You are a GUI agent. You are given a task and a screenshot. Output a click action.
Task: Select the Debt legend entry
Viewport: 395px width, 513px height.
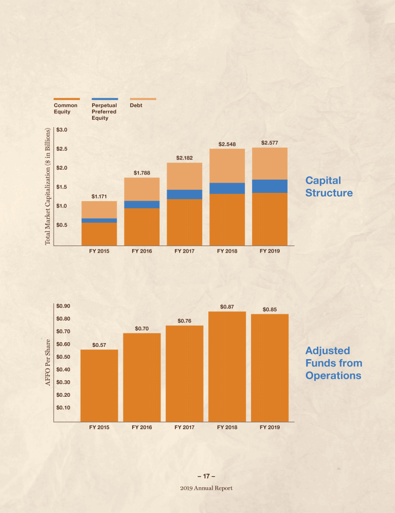[x=136, y=105]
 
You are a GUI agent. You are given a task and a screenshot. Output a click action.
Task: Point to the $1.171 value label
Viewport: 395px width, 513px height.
[x=99, y=196]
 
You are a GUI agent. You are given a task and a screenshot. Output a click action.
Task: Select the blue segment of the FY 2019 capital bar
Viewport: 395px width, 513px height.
[x=270, y=186]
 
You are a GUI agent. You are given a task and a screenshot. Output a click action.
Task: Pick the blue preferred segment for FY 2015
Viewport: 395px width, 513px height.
[x=99, y=220]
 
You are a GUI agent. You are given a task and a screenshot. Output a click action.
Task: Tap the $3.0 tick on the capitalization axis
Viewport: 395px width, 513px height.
[x=63, y=130]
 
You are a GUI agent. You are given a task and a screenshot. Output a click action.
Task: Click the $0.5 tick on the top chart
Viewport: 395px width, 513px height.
[x=63, y=225]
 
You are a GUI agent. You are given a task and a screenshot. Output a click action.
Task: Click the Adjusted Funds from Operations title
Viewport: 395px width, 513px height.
[x=333, y=363]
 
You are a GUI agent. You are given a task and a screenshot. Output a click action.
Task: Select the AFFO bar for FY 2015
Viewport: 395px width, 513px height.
[x=99, y=386]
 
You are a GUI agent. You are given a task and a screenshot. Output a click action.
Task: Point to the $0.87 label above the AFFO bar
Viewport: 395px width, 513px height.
[x=227, y=307]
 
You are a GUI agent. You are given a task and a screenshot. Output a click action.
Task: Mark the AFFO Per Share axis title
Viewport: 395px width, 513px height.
[x=48, y=362]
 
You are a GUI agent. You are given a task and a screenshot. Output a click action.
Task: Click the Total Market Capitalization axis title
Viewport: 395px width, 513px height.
[x=48, y=186]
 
